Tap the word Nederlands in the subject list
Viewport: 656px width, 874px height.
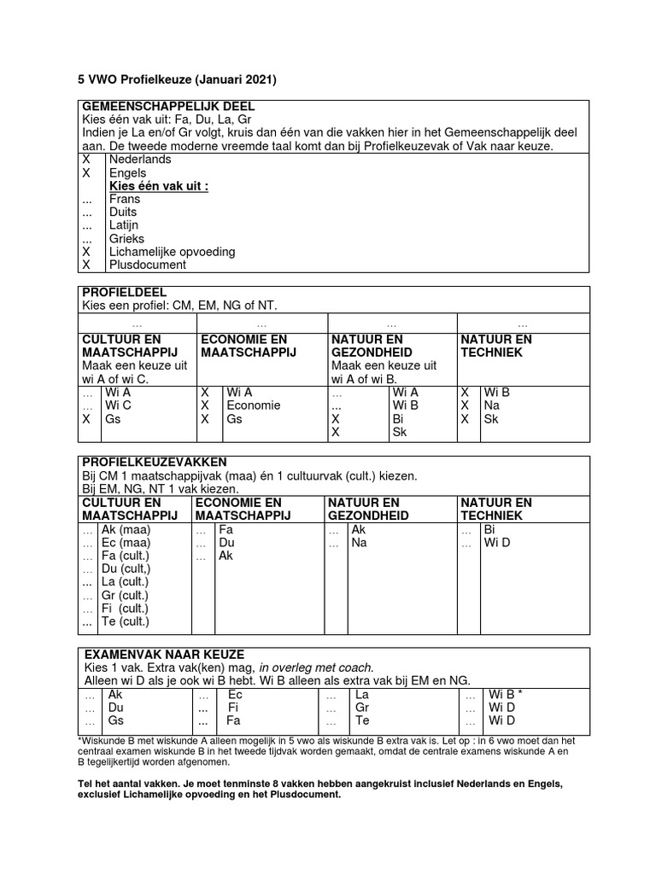pyautogui.click(x=140, y=160)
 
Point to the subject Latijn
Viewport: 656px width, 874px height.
pyautogui.click(x=125, y=225)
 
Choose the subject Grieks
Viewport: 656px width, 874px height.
pyautogui.click(x=126, y=239)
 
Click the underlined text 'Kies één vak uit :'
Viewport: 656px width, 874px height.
pyautogui.click(x=159, y=186)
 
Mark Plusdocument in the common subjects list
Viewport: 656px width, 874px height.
pyautogui.click(x=148, y=265)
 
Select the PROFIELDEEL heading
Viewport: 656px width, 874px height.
pyautogui.click(x=124, y=293)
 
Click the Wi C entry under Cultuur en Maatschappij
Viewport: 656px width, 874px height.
pyautogui.click(x=118, y=405)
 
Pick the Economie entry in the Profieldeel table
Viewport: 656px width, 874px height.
pyautogui.click(x=253, y=405)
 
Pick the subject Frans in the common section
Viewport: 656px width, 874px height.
pyautogui.click(x=125, y=199)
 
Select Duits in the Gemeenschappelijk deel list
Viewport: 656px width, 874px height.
pyautogui.click(x=123, y=213)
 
